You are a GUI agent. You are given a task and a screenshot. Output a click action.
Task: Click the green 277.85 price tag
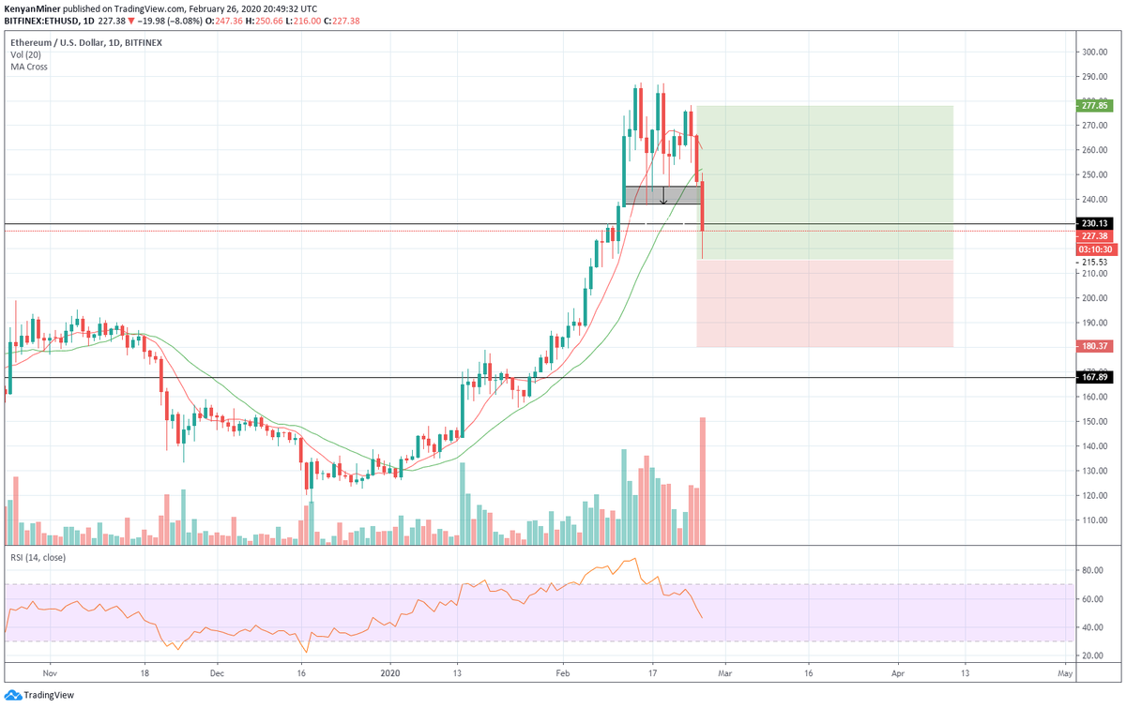[x=1094, y=106]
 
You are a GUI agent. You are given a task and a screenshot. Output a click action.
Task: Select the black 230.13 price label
[x=1094, y=224]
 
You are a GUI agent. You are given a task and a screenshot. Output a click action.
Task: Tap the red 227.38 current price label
[x=1094, y=236]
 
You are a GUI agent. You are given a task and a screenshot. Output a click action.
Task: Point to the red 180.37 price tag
[x=1094, y=346]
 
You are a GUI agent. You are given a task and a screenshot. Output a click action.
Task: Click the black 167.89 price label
[x=1094, y=377]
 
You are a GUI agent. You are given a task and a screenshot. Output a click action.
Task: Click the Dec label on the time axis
[x=216, y=672]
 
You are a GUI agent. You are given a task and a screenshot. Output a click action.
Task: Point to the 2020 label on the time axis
[x=388, y=672]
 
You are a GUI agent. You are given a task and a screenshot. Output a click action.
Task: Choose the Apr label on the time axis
[x=898, y=672]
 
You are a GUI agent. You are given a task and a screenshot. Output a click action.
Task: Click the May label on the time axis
[x=1065, y=672]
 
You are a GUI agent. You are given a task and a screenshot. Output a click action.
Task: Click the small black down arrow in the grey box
[x=663, y=197]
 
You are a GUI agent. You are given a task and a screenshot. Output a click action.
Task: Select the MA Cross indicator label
[x=28, y=67]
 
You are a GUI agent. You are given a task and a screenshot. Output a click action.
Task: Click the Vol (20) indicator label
[x=27, y=55]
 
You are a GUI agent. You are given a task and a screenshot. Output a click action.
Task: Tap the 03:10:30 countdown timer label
[x=1094, y=249]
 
